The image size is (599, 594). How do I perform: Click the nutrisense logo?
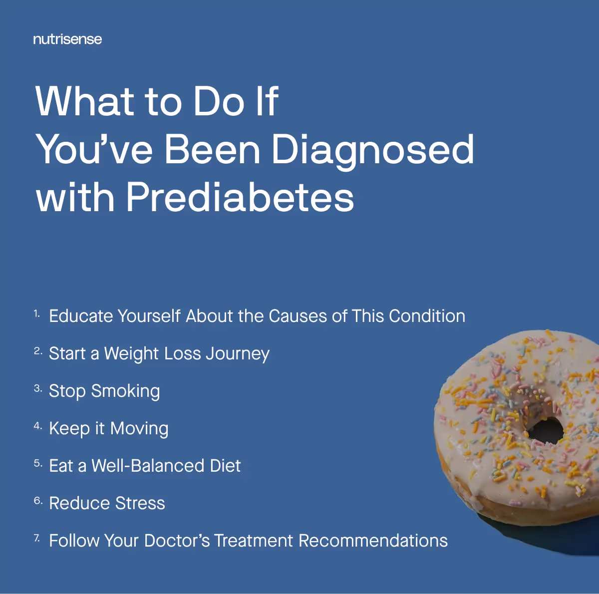[x=67, y=39]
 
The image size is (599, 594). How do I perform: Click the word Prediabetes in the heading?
[x=240, y=197]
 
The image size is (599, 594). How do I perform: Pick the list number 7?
[x=36, y=538]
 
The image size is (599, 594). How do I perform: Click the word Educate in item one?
[x=81, y=316]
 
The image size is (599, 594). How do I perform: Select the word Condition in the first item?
[x=427, y=316]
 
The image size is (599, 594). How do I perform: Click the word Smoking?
[x=126, y=391]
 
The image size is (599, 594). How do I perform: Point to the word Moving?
[x=139, y=429]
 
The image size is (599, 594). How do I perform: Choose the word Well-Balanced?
[x=148, y=466]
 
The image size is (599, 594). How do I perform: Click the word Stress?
[x=140, y=503]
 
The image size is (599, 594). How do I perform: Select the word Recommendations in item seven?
[x=373, y=541]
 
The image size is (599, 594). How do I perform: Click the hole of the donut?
[x=546, y=430]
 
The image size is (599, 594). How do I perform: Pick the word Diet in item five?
[x=225, y=466]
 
